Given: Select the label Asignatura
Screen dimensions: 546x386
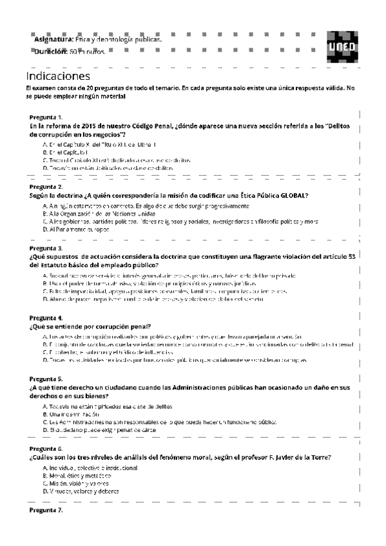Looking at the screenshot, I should [53, 40].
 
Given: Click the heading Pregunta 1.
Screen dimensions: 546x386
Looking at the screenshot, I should [46, 118].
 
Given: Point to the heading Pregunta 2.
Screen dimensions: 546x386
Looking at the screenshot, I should [46, 187].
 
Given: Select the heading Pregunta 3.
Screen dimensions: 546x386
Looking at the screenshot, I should [46, 248].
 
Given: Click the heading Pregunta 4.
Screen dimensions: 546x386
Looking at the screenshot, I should [46, 318].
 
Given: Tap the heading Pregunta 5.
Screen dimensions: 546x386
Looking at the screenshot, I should [46, 379].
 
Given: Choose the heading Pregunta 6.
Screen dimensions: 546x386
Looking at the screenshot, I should [46, 448].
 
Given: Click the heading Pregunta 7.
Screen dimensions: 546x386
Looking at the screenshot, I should [46, 510].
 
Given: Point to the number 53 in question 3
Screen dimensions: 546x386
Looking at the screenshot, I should [351, 256].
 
